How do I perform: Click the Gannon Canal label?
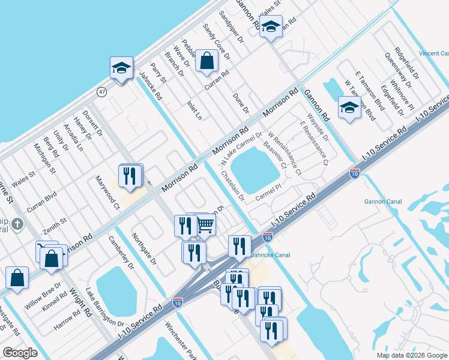pyautogui.click(x=382, y=202)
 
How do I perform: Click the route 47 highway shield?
pyautogui.click(x=102, y=92)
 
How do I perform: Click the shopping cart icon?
pyautogui.click(x=205, y=225)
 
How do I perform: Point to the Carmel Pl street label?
pyautogui.click(x=268, y=191)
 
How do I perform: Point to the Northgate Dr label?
pyautogui.click(x=144, y=249)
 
